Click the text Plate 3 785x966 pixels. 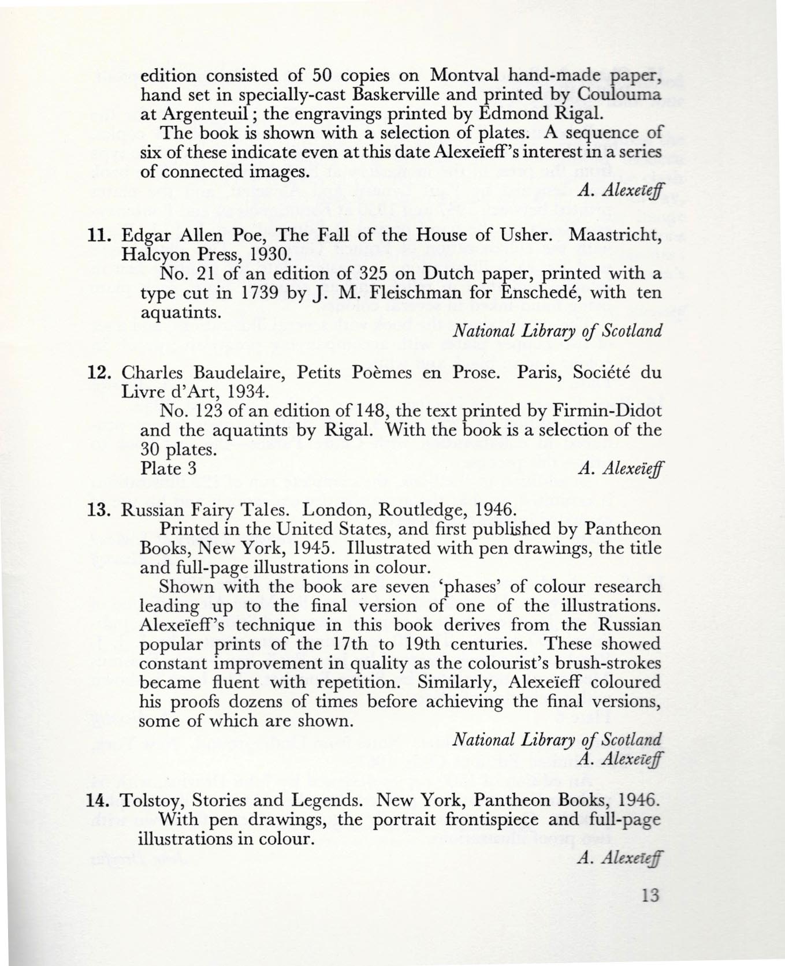point(169,469)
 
